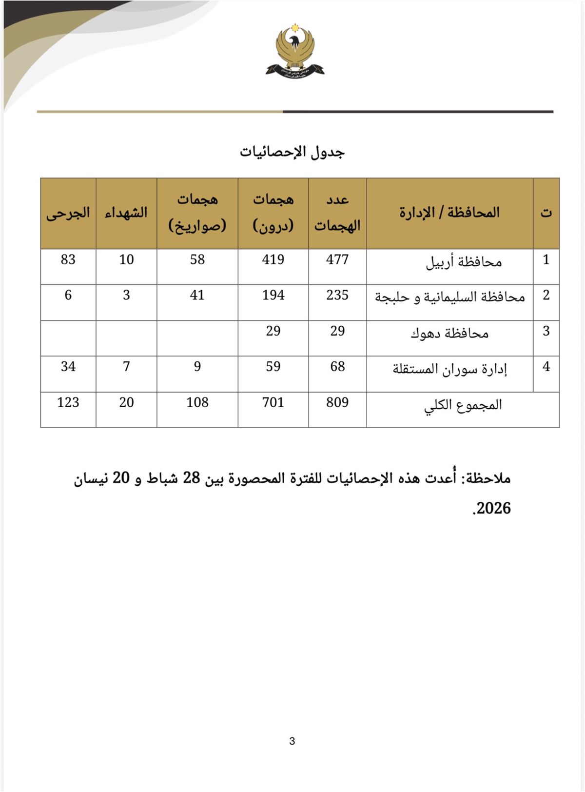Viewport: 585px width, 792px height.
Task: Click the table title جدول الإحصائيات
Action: click(x=292, y=152)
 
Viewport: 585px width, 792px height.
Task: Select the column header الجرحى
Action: click(x=68, y=213)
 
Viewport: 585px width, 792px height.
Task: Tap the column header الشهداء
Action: click(x=126, y=213)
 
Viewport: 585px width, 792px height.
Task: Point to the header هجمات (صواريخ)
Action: click(x=197, y=213)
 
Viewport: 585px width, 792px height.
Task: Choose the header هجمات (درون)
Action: click(x=273, y=213)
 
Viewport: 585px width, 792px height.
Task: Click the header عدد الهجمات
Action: click(x=337, y=213)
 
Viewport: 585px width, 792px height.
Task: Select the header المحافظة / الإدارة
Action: click(x=449, y=213)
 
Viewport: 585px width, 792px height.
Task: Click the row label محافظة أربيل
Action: click(x=464, y=262)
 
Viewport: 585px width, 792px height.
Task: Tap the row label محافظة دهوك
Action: click(x=449, y=334)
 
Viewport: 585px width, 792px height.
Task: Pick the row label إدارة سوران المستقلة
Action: click(x=449, y=369)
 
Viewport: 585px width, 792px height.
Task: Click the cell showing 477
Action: click(x=337, y=259)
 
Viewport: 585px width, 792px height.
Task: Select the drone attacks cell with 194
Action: click(x=273, y=295)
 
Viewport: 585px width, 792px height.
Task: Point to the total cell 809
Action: click(x=337, y=402)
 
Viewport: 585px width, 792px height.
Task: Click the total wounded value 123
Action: click(x=68, y=402)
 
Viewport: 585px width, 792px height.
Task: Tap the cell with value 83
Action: click(x=68, y=259)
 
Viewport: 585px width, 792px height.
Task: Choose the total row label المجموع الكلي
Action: click(x=463, y=405)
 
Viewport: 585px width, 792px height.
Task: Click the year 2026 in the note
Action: click(x=493, y=509)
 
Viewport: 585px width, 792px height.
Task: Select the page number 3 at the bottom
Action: click(x=292, y=741)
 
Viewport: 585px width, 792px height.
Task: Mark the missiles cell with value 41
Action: click(x=197, y=295)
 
